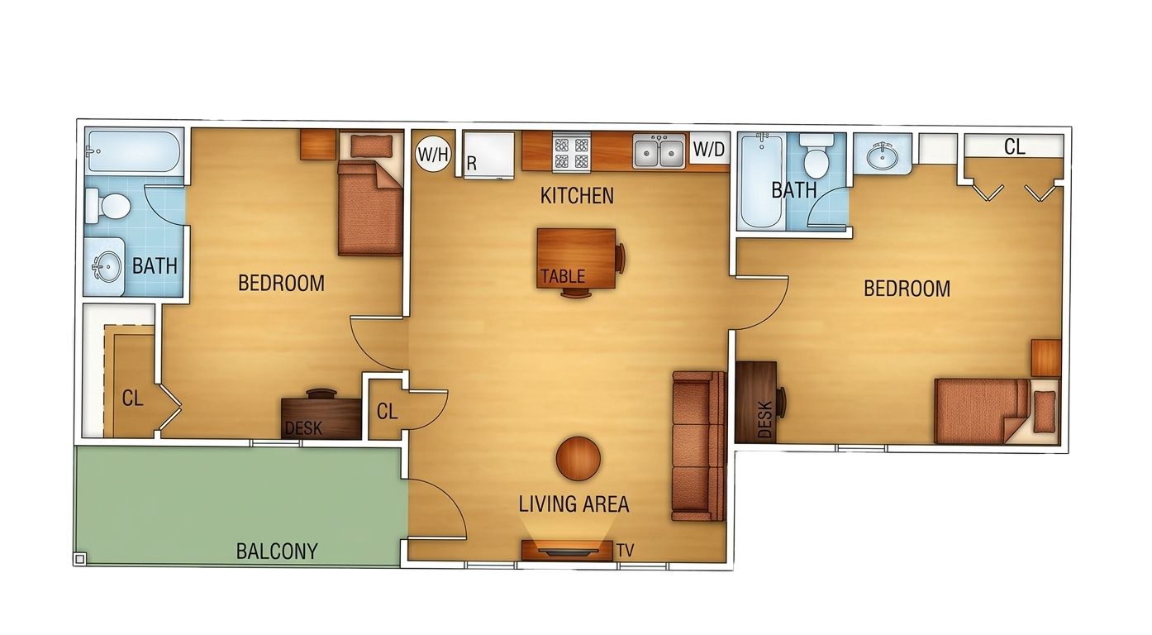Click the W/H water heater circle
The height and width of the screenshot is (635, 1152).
[433, 153]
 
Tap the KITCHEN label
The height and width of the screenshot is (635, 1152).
[577, 196]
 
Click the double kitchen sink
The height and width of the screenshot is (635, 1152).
[659, 150]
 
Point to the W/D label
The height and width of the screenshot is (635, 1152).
[709, 149]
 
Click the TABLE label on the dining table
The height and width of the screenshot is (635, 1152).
[563, 277]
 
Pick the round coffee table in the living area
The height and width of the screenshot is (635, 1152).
[578, 459]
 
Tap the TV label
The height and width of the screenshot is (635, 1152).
[626, 551]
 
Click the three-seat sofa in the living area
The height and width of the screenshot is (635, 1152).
[699, 446]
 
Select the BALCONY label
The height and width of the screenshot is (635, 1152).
[277, 551]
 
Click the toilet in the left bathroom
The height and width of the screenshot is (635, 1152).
[108, 207]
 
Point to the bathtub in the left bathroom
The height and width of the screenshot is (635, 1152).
[135, 151]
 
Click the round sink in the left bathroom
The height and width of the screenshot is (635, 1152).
[107, 266]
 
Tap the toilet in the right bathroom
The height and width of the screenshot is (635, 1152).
[816, 155]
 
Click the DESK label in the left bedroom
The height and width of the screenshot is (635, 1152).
[303, 428]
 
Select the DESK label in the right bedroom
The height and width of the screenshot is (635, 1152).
[765, 419]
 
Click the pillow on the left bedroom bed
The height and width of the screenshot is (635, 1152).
[371, 146]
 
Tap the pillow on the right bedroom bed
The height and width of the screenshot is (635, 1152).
[1044, 412]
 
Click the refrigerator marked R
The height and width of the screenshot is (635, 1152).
[488, 156]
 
